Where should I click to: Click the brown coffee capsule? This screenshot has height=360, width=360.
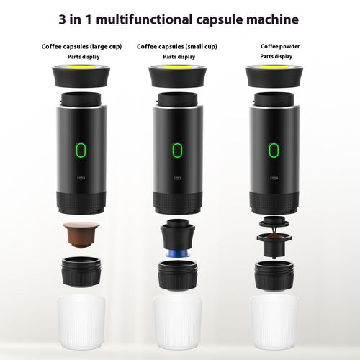tap(81, 234)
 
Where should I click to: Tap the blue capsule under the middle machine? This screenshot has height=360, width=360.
tap(177, 253)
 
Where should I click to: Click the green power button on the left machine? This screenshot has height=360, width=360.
tap(81, 150)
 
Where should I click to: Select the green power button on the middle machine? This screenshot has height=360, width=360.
tap(177, 150)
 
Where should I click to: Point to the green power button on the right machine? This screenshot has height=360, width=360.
tap(274, 150)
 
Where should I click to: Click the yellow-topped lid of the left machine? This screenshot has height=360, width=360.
tap(81, 74)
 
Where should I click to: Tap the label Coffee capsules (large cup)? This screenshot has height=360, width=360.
tap(81, 46)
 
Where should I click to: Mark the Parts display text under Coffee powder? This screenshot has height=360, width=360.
tap(276, 56)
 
